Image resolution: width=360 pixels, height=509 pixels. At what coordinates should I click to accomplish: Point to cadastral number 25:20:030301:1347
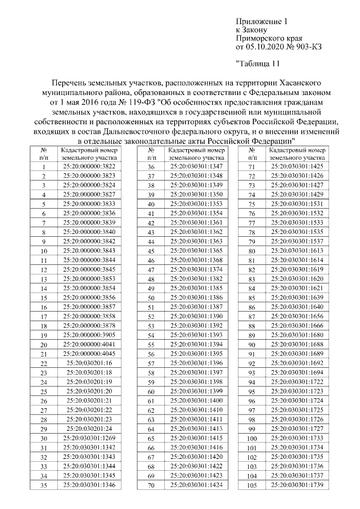tap(191, 167)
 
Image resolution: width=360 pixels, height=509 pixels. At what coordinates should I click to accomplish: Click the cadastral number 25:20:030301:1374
tap(191, 270)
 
